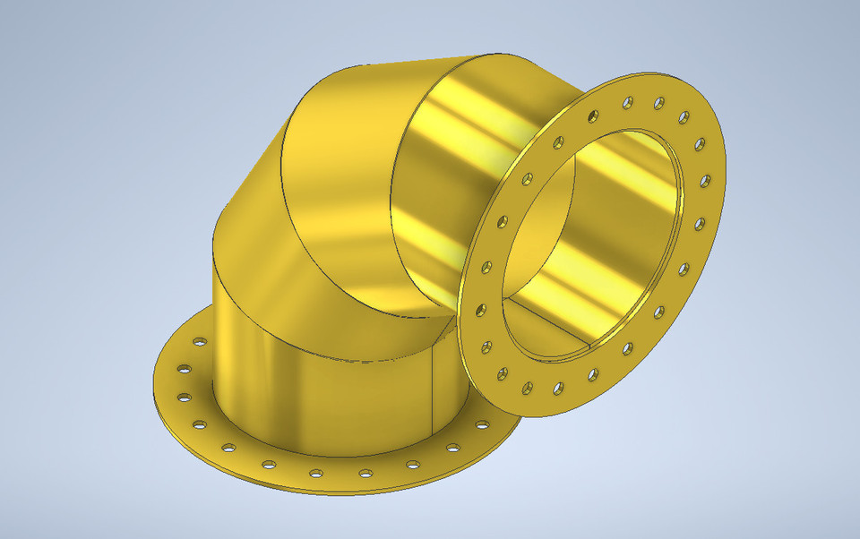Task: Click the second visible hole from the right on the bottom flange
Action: click(x=413, y=465)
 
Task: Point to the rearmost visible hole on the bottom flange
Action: click(x=199, y=341)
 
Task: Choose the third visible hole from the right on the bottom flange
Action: click(x=365, y=473)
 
